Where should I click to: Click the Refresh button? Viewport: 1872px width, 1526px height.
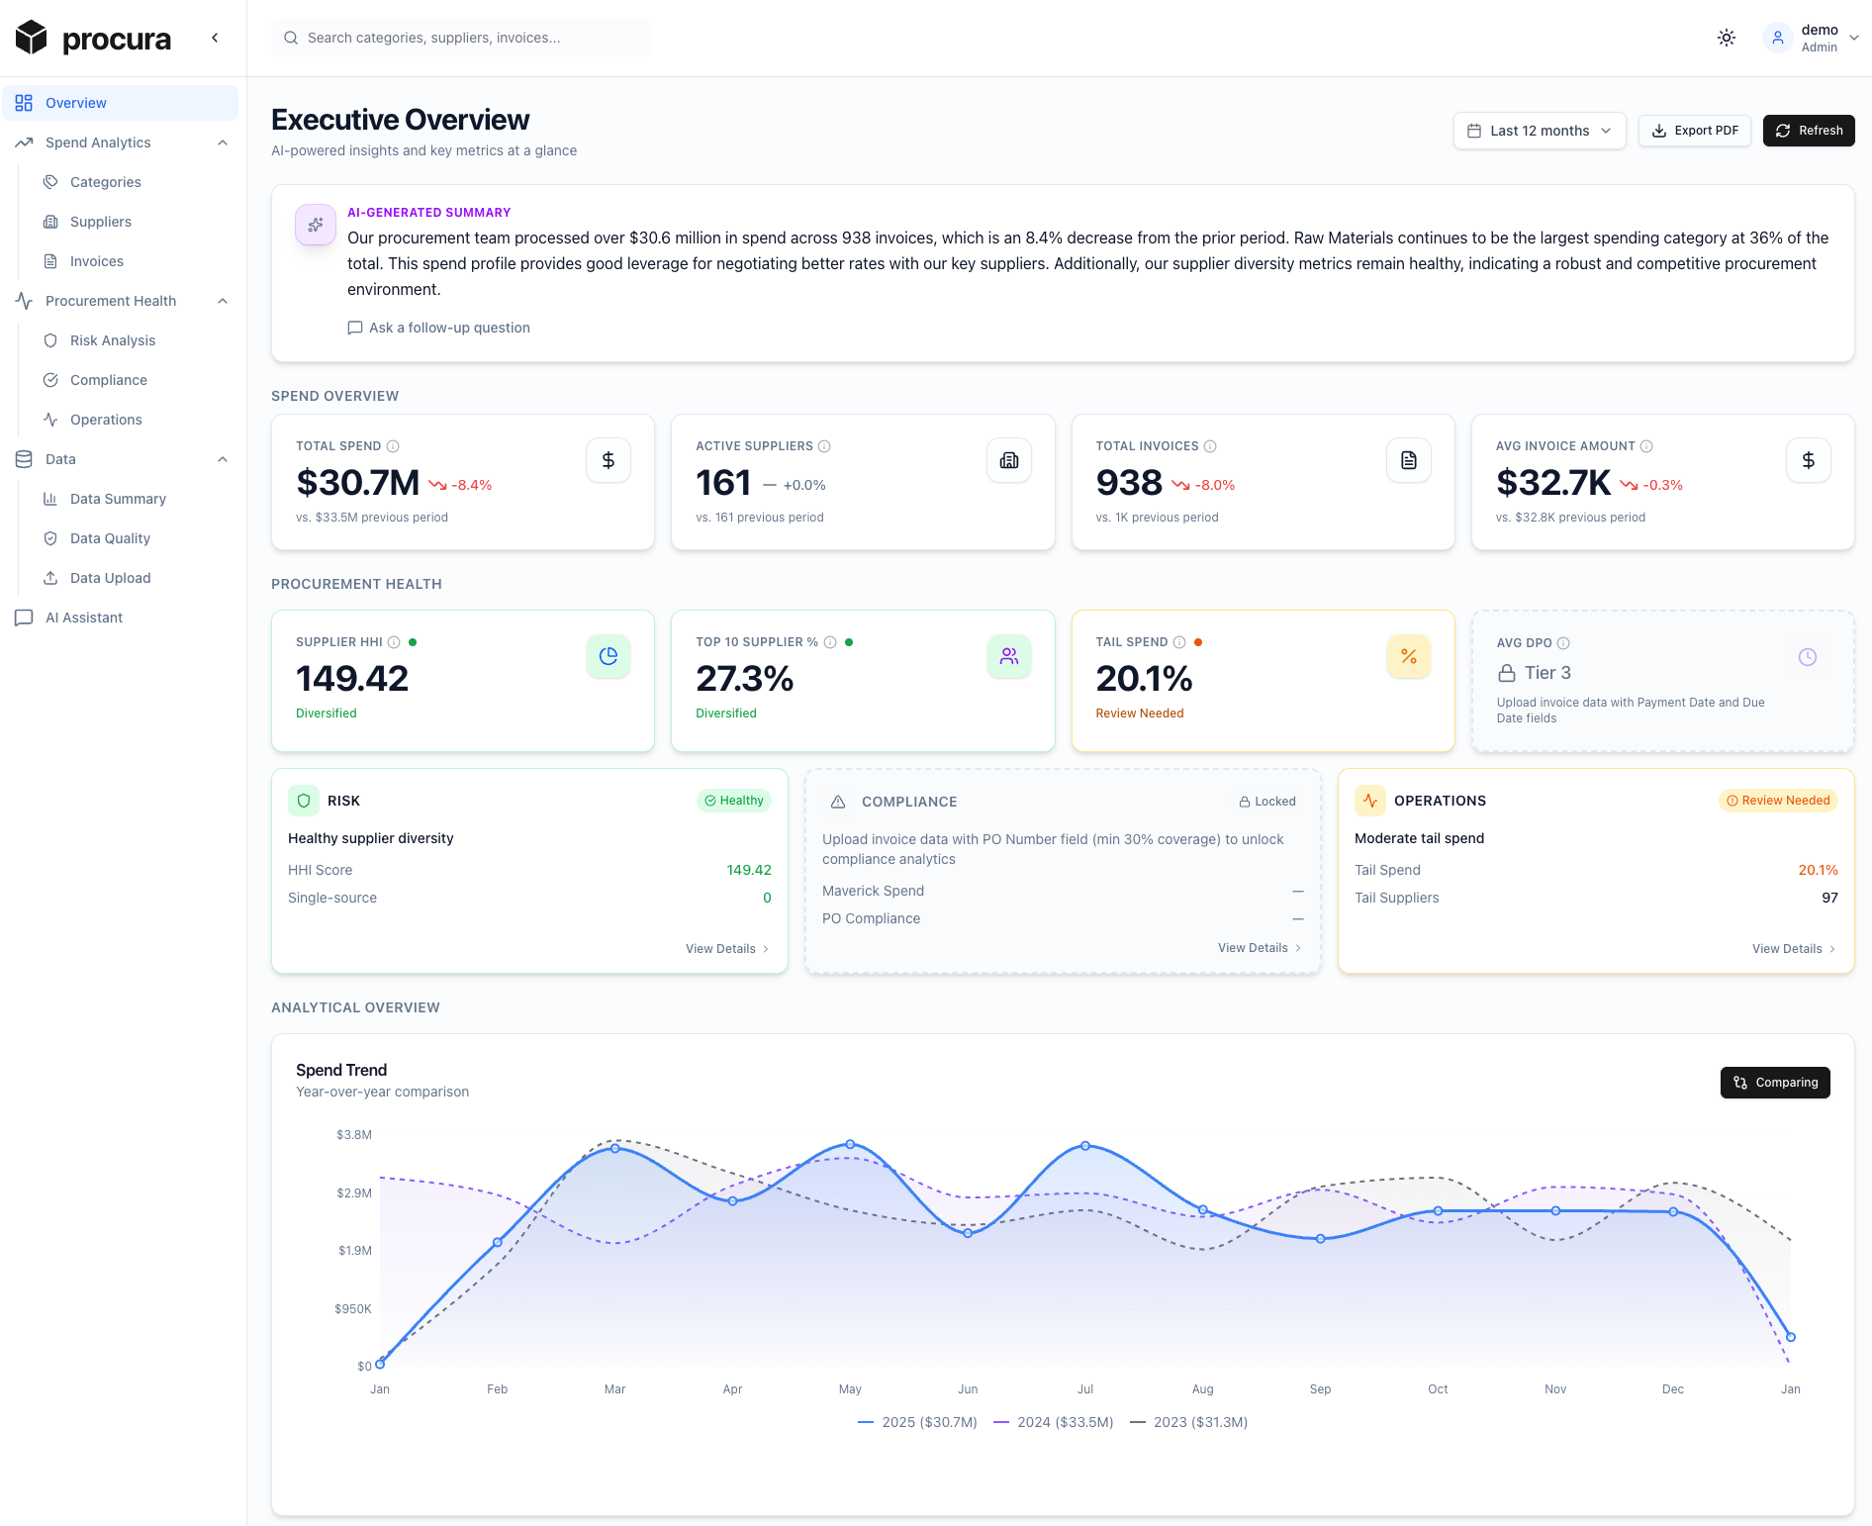click(1808, 131)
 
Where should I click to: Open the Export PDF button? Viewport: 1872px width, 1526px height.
click(1694, 131)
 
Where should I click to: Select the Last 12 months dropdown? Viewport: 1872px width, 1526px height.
click(1539, 131)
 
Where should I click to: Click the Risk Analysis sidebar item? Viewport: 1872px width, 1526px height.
click(112, 340)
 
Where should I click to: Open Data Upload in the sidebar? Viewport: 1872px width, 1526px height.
click(110, 578)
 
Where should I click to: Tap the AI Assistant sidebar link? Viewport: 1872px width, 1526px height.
click(84, 618)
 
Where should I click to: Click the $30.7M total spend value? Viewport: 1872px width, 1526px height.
click(357, 483)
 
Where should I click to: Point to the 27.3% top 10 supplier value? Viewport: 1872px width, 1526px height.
click(744, 679)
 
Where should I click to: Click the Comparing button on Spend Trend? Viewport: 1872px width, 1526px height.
click(1774, 1083)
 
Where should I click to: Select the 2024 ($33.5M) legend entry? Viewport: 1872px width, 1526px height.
click(1054, 1422)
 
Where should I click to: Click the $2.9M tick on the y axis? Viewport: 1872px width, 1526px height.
click(354, 1192)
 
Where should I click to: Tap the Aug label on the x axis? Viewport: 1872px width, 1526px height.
click(1202, 1389)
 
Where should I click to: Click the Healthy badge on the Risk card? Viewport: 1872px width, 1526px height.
click(733, 801)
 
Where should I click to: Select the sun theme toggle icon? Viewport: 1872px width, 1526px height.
click(1726, 38)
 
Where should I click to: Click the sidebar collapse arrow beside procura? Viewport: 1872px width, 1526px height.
click(215, 38)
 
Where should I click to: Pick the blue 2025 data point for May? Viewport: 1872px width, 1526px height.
click(850, 1144)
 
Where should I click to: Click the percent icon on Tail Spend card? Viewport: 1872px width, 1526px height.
click(1408, 656)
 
